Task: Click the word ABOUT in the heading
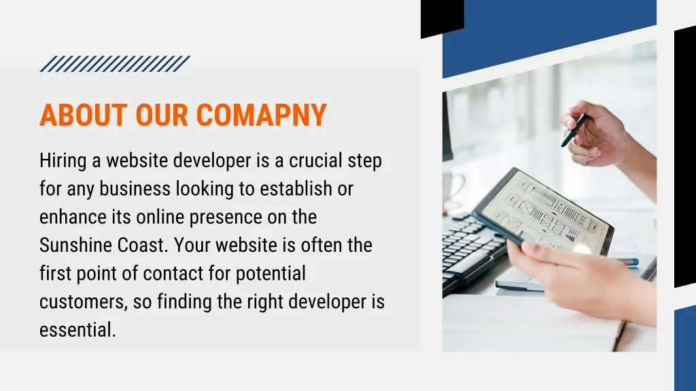point(84,115)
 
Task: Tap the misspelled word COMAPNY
point(262,115)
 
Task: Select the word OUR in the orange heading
point(162,115)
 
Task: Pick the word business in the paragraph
point(135,189)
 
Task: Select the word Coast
point(143,245)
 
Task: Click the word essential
point(77,331)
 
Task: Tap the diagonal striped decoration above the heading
point(115,64)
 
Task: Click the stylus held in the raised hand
point(575,130)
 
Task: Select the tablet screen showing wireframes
point(544,209)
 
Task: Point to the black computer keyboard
point(472,250)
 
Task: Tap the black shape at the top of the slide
point(442,18)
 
